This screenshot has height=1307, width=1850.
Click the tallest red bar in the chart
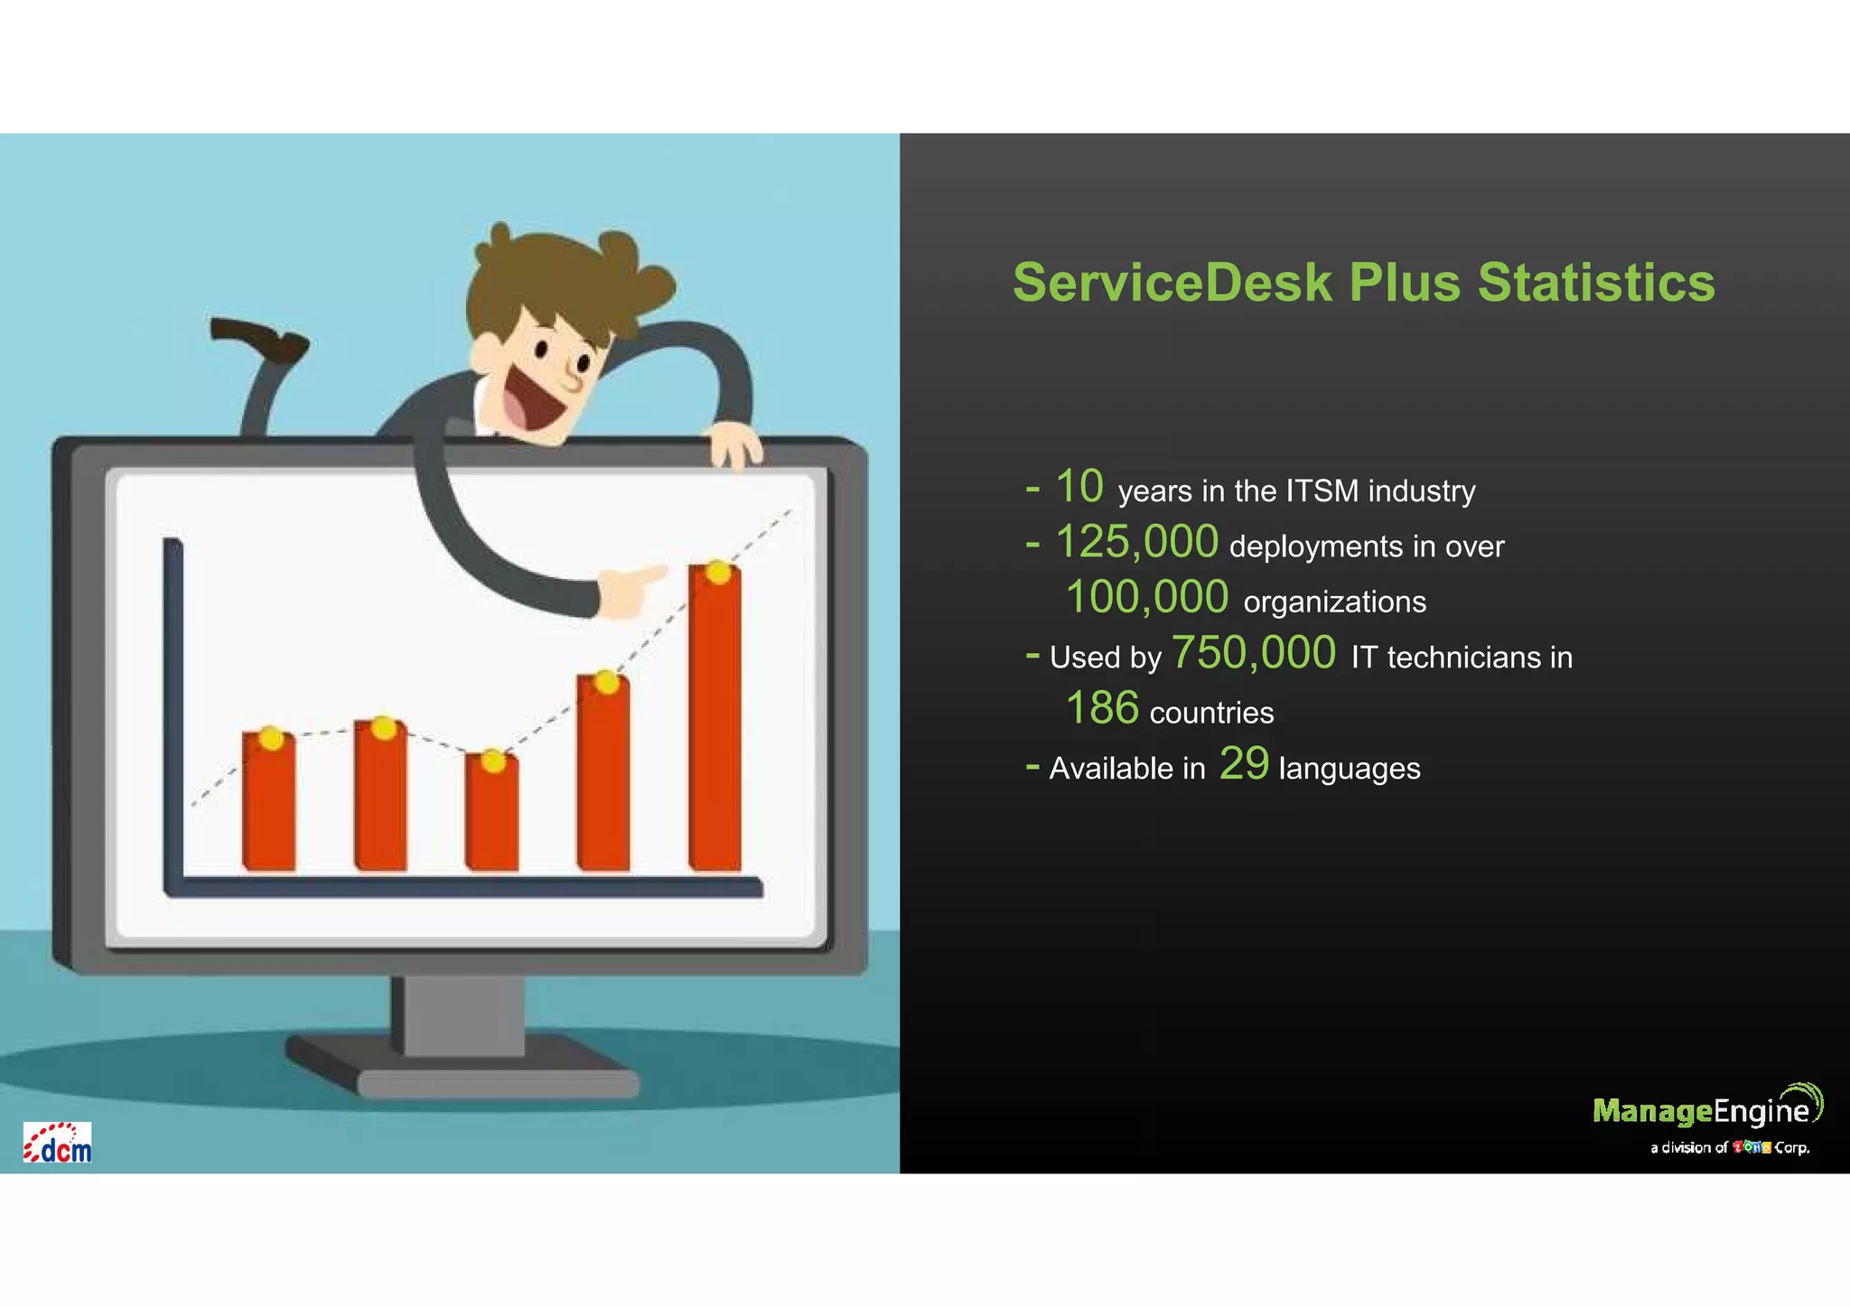point(715,723)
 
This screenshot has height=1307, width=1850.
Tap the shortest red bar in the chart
point(492,817)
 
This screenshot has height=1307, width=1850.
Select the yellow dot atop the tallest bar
point(718,572)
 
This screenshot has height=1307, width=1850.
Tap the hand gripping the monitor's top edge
point(734,444)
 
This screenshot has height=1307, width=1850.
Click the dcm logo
point(58,1144)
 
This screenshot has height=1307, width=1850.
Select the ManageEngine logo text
point(1701,1110)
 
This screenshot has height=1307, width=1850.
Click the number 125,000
point(1136,542)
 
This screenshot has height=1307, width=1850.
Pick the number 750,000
point(1253,652)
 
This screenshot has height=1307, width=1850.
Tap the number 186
point(1102,708)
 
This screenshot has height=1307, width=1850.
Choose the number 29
point(1244,763)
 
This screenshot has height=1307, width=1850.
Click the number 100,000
point(1147,597)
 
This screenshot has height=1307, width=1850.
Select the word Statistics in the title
point(1595,282)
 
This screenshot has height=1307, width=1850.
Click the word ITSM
point(1322,491)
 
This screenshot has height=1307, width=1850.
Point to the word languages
point(1350,769)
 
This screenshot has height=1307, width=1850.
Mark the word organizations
point(1334,602)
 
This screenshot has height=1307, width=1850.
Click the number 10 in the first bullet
point(1079,487)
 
